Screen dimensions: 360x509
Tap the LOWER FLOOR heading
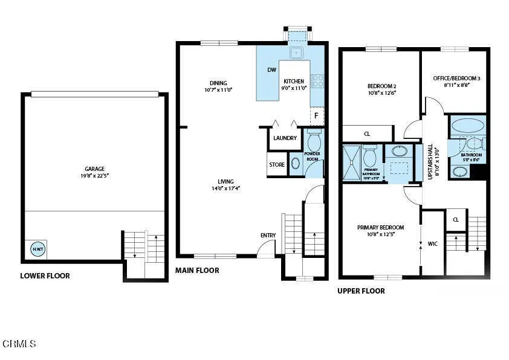pyautogui.click(x=45, y=276)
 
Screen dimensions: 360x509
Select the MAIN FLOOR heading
pyautogui.click(x=197, y=271)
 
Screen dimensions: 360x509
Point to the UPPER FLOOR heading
pyautogui.click(x=361, y=291)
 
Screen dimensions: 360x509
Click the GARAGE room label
pyautogui.click(x=95, y=169)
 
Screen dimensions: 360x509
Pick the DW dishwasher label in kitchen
pyautogui.click(x=271, y=69)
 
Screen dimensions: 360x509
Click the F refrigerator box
pyautogui.click(x=316, y=115)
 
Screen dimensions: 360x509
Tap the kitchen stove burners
pyautogui.click(x=317, y=80)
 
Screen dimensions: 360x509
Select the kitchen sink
pyautogui.click(x=296, y=53)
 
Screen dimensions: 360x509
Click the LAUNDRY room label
pyautogui.click(x=285, y=138)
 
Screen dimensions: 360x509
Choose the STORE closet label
pyautogui.click(x=277, y=164)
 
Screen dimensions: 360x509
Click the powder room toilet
pyautogui.click(x=314, y=141)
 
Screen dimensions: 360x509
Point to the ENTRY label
pyautogui.click(x=268, y=236)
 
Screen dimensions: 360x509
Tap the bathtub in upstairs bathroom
pyautogui.click(x=468, y=126)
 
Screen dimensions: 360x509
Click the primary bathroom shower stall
pyautogui.click(x=351, y=163)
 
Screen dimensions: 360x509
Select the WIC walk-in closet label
pyautogui.click(x=432, y=244)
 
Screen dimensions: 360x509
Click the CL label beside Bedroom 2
pyautogui.click(x=367, y=134)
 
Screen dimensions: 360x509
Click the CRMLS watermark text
pyautogui.click(x=19, y=344)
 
